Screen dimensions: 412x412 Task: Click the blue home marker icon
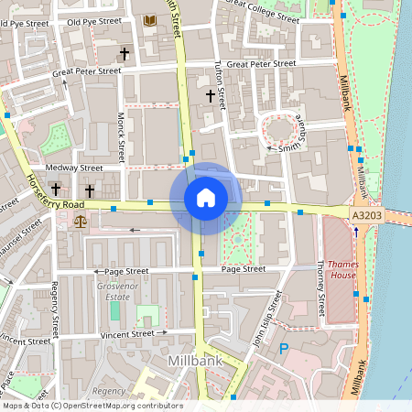(x=205, y=198)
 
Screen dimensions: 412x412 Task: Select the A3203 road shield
(x=366, y=213)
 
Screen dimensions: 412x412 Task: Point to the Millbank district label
(x=196, y=363)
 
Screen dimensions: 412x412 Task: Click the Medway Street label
(x=79, y=168)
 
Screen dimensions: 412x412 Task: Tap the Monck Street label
(x=120, y=132)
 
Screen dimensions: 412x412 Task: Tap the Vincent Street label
(x=128, y=334)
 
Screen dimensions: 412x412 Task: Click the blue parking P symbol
(x=284, y=349)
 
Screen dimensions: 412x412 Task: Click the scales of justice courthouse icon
(x=80, y=221)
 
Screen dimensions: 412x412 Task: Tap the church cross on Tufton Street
(x=210, y=95)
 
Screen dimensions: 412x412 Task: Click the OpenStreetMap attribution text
(x=92, y=406)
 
